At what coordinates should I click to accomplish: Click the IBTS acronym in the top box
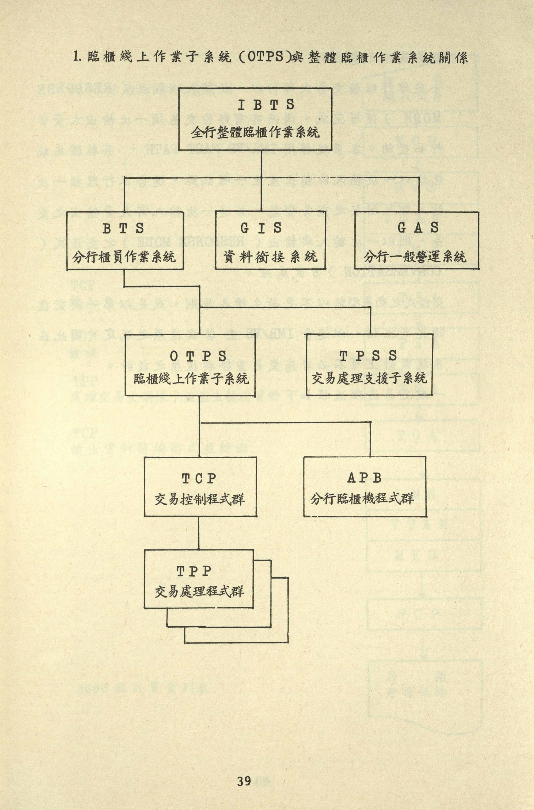[266, 105]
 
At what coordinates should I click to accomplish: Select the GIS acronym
[262, 228]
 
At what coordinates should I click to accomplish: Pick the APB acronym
[364, 478]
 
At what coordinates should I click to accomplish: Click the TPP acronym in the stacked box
[194, 571]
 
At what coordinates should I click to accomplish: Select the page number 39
[244, 771]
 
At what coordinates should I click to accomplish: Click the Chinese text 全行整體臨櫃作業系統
[255, 132]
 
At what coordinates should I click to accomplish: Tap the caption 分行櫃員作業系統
[124, 256]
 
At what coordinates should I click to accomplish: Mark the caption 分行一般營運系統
[415, 256]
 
